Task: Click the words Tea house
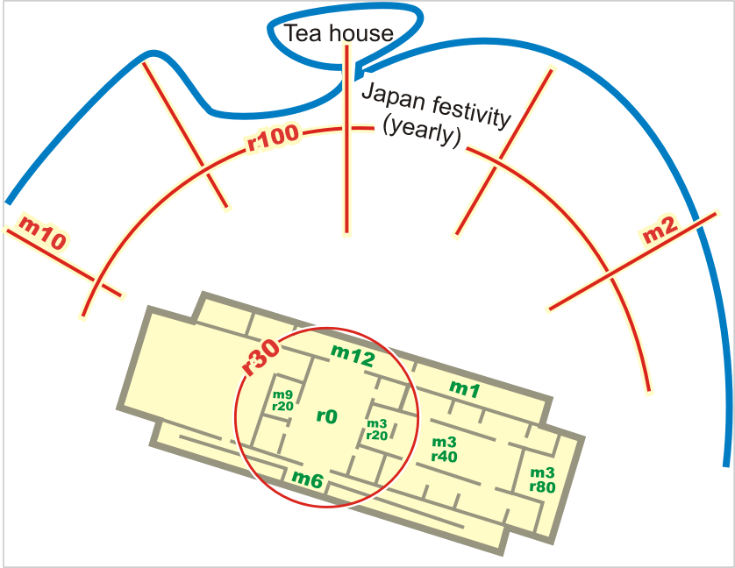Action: [x=339, y=32]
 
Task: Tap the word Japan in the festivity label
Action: [x=394, y=97]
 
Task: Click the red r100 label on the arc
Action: [x=273, y=137]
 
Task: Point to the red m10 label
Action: [x=42, y=232]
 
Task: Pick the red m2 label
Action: [x=660, y=230]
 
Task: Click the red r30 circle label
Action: [x=260, y=357]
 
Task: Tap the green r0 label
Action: [x=327, y=415]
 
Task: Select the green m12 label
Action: [x=353, y=356]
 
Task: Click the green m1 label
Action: [x=465, y=388]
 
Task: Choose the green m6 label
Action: [x=308, y=479]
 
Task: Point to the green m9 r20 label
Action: [x=282, y=401]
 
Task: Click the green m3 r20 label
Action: [x=377, y=430]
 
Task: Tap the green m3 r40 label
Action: [x=445, y=449]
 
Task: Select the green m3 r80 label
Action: [x=542, y=479]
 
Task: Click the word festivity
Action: [x=471, y=112]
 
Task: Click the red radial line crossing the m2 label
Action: [x=632, y=261]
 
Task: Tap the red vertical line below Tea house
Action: [x=346, y=138]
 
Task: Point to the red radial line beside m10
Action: [x=64, y=262]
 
